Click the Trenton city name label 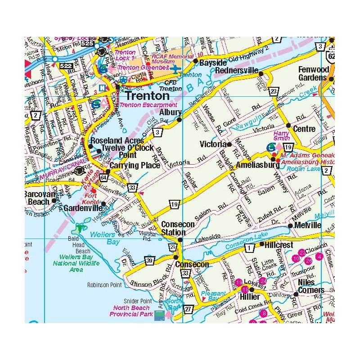[147, 95]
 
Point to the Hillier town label [249, 297]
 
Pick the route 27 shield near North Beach [188, 309]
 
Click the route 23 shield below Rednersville [274, 92]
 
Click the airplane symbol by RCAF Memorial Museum [175, 69]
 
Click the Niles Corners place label [311, 286]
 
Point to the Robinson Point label [105, 285]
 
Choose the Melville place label [307, 225]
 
